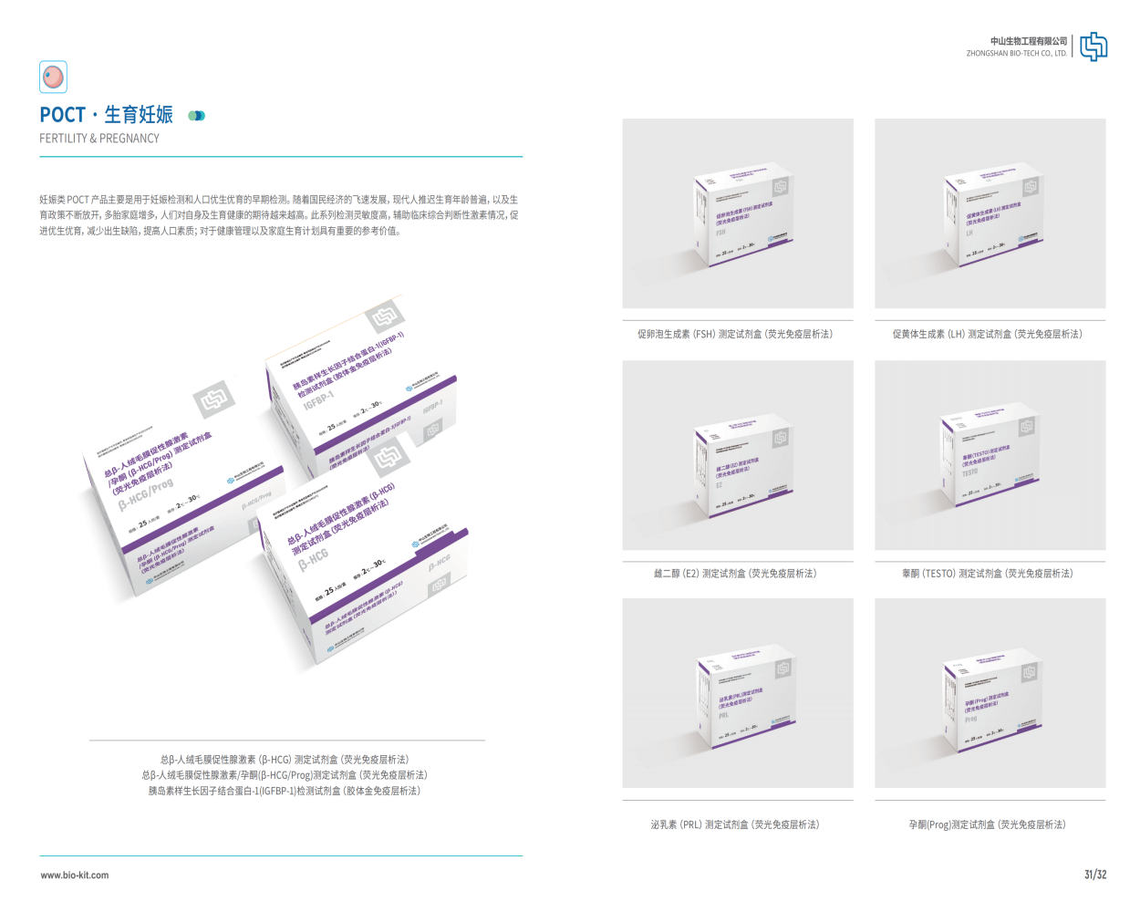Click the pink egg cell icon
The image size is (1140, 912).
pos(54,77)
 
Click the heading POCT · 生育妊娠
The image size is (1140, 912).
pos(106,115)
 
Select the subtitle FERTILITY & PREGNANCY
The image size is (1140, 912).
pos(99,139)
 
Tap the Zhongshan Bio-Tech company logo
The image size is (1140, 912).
pos(1093,47)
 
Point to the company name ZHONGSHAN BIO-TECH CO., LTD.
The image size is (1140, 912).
pos(1016,53)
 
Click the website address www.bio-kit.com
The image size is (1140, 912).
pos(75,876)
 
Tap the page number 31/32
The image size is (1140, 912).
pos(1094,875)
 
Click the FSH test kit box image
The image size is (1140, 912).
pos(738,213)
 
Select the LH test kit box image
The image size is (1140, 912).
pos(990,213)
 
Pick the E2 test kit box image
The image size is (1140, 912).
pos(738,454)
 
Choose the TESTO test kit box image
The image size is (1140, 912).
pos(990,454)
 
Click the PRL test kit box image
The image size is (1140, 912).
pos(738,693)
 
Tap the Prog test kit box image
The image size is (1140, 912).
pos(990,693)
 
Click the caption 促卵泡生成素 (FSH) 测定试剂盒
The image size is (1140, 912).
pos(735,335)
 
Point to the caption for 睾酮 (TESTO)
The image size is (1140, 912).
pos(988,574)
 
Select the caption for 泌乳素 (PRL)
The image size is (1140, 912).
pos(735,824)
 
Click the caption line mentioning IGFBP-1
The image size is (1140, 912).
pos(285,791)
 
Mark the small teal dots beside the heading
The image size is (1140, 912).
pos(196,116)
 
